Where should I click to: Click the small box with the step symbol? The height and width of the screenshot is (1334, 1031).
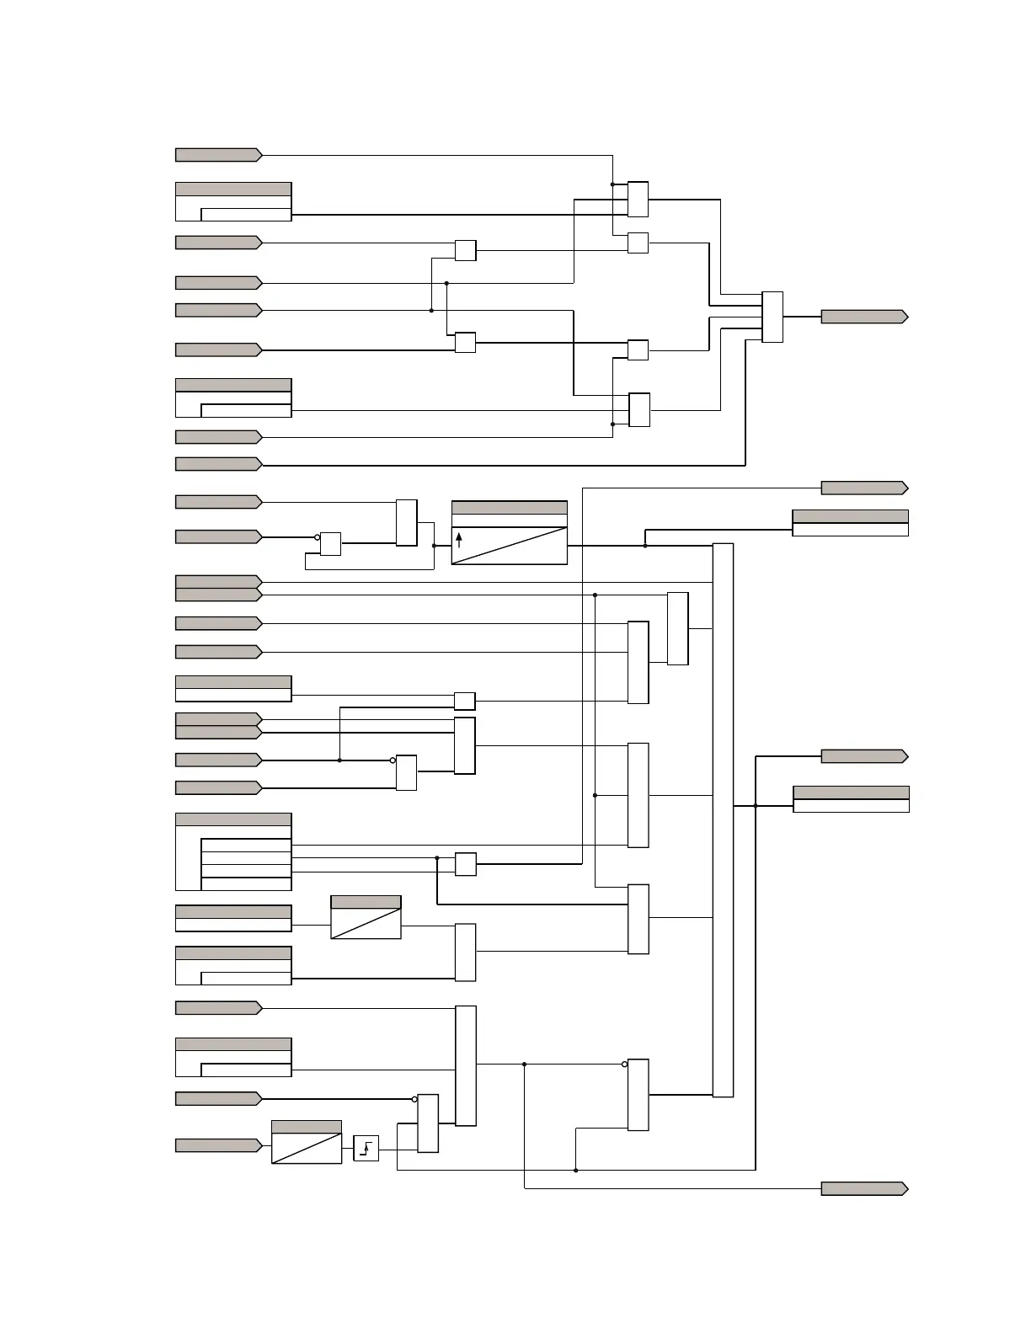pyautogui.click(x=366, y=1148)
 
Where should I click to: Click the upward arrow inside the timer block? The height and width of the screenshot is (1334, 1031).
pyautogui.click(x=459, y=539)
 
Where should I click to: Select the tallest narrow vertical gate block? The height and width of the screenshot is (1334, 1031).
pyautogui.click(x=723, y=820)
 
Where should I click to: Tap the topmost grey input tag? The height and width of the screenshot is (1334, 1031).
pyautogui.click(x=218, y=155)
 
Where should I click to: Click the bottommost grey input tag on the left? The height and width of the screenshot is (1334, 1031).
pyautogui.click(x=218, y=1145)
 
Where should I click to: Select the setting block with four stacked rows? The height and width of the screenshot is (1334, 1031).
pyautogui.click(x=233, y=851)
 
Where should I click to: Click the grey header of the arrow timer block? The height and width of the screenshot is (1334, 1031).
pyautogui.click(x=509, y=508)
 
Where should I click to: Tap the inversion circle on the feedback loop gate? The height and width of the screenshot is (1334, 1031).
pyautogui.click(x=318, y=537)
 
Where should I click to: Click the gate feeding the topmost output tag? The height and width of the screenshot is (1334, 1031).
pyautogui.click(x=772, y=317)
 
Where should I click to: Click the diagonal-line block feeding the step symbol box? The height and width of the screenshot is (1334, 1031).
pyautogui.click(x=307, y=1142)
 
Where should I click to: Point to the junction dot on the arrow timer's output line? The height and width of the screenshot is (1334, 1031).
pyautogui.click(x=645, y=546)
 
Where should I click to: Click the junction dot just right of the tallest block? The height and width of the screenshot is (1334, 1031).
pyautogui.click(x=756, y=806)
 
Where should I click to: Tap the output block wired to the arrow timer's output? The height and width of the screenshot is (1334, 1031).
pyautogui.click(x=850, y=523)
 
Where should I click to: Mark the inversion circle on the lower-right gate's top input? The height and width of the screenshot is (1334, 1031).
pyautogui.click(x=624, y=1065)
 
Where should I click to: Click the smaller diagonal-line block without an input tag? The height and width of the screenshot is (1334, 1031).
pyautogui.click(x=366, y=918)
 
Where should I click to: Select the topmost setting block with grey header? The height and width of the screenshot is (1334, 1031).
pyautogui.click(x=233, y=201)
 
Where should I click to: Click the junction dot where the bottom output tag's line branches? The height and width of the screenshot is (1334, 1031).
pyautogui.click(x=524, y=1065)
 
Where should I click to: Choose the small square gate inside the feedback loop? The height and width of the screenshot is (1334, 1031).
pyautogui.click(x=330, y=544)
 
